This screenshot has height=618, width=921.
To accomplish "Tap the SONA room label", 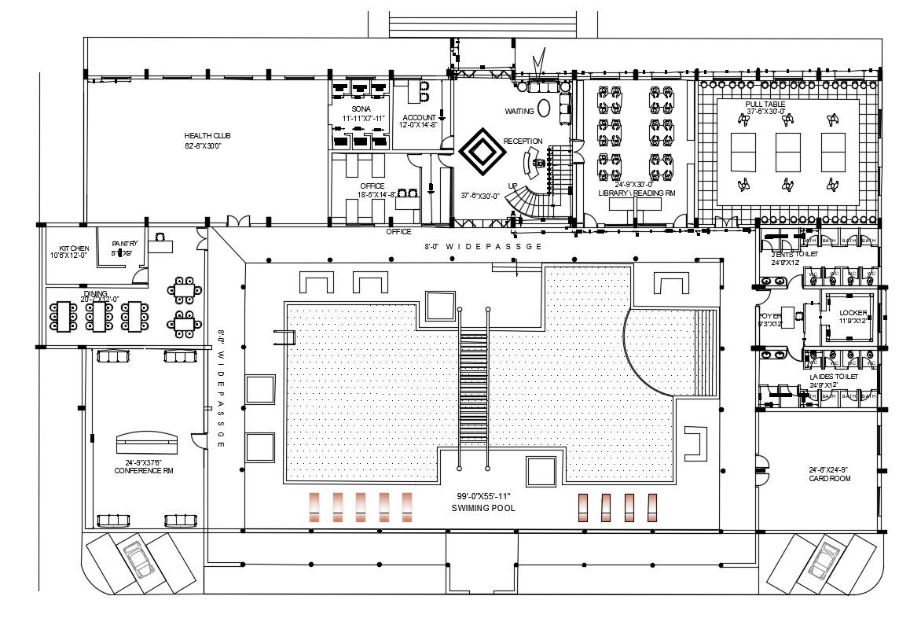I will (x=361, y=109).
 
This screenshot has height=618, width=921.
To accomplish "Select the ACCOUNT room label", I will (x=419, y=117).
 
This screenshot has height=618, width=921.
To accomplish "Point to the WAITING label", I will (x=519, y=111).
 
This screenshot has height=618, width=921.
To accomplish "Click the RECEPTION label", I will (x=523, y=141).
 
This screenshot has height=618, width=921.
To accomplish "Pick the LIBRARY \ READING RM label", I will (x=636, y=193).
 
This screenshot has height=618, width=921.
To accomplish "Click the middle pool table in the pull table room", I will (x=788, y=153).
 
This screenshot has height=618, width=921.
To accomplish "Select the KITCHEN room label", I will (x=68, y=248).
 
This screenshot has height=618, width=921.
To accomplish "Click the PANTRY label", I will (x=125, y=244).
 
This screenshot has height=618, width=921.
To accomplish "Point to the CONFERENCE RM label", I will (x=144, y=470).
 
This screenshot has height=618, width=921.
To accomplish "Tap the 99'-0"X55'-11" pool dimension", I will (x=484, y=496).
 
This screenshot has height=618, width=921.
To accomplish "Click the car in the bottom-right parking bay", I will (x=824, y=558).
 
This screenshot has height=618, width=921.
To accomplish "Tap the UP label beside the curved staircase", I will (x=513, y=186).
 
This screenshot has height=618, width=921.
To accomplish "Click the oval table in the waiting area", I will (x=544, y=106).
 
